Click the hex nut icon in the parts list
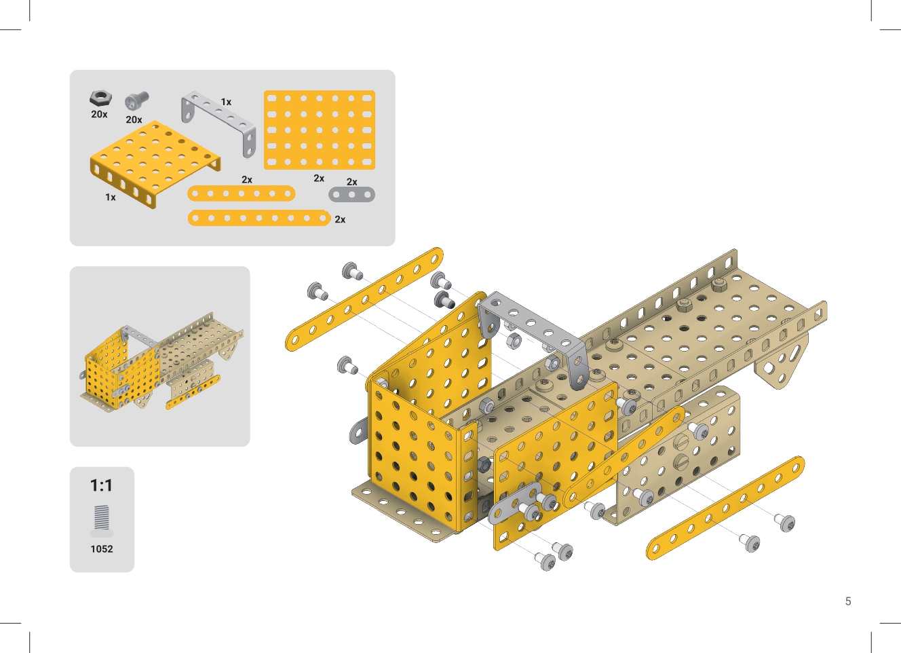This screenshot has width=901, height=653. tap(100, 98)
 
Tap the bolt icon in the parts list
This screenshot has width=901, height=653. tap(137, 101)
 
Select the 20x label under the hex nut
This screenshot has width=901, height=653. tap(99, 114)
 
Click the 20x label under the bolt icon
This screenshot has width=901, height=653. tap(134, 119)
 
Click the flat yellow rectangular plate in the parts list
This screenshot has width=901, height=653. tap(320, 130)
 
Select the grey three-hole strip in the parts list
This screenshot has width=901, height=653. tap(352, 195)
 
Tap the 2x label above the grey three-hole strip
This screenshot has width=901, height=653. tap(352, 182)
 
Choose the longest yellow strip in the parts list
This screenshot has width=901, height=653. tap(259, 218)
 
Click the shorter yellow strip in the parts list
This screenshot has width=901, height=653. tap(242, 193)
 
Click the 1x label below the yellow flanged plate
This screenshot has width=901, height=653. tap(111, 197)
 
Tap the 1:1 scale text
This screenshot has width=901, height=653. tap(101, 485)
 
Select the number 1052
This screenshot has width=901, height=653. tap(102, 548)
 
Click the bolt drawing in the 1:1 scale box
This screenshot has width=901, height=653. tap(102, 521)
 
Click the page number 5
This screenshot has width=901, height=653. tap(848, 601)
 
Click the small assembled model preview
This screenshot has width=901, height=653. tap(161, 362)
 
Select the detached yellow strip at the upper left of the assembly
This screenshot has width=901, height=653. tap(364, 299)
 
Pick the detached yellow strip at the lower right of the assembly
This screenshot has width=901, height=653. tap(725, 508)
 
